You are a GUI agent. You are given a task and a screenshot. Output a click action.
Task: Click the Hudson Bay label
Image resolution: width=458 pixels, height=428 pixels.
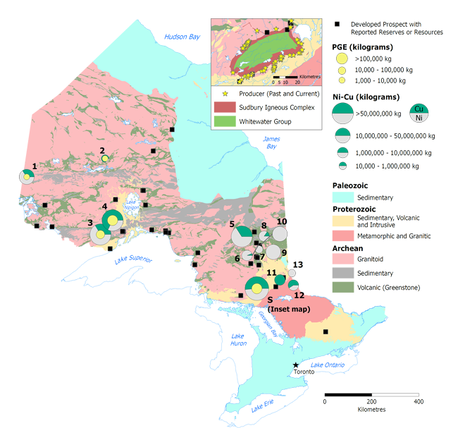(x=182, y=37)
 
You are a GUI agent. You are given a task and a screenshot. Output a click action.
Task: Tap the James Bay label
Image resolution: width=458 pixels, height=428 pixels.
(x=272, y=143)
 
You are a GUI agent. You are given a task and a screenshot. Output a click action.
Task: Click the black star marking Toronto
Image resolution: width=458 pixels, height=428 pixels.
(x=295, y=365)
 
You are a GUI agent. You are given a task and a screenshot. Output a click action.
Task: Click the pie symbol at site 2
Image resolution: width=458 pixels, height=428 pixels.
(x=105, y=159)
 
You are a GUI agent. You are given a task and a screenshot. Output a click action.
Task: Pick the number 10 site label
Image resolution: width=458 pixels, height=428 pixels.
(x=282, y=221)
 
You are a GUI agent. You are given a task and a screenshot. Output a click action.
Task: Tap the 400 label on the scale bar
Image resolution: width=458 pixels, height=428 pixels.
(x=419, y=401)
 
